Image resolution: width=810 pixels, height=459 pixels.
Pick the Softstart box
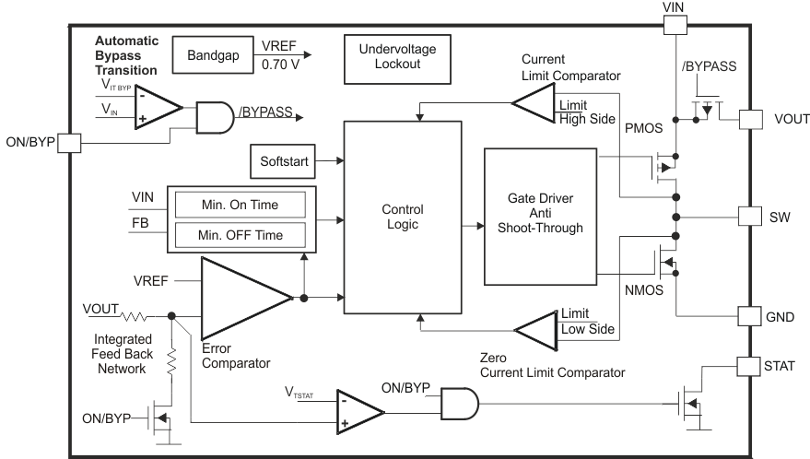[x=281, y=162]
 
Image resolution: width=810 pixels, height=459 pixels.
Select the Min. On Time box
[x=240, y=205]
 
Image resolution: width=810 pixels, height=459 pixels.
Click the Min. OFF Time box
[x=240, y=235]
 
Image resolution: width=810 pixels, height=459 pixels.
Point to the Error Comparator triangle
[x=241, y=298]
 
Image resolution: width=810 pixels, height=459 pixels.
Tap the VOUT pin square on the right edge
[x=752, y=119]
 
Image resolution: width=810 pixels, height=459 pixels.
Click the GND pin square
[x=752, y=317]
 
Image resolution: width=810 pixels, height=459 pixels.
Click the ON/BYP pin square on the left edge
[x=71, y=143]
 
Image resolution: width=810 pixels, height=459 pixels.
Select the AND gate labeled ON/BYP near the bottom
[x=460, y=403]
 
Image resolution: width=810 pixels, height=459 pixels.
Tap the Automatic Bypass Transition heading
[x=126, y=55]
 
